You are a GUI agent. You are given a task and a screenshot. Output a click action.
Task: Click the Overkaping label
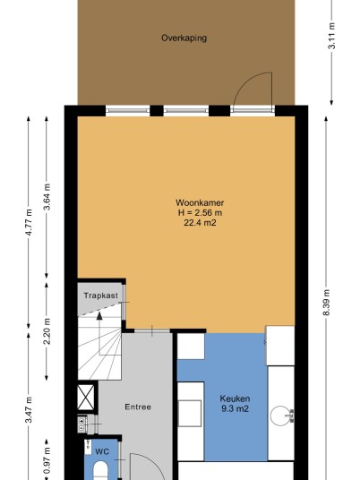click(x=184, y=38)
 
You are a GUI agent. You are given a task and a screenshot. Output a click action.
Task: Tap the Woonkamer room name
click(x=200, y=202)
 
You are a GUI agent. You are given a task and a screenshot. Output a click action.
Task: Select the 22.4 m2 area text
click(x=200, y=223)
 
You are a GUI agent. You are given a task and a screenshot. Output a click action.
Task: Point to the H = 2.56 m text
click(x=200, y=212)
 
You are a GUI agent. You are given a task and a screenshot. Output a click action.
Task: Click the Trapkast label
click(x=100, y=296)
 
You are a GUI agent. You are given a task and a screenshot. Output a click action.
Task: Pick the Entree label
click(x=138, y=407)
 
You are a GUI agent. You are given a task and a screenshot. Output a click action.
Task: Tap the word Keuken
click(x=235, y=399)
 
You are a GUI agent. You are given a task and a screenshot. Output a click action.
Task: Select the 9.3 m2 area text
click(x=235, y=408)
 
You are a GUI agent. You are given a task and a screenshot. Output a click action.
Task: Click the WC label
click(x=102, y=451)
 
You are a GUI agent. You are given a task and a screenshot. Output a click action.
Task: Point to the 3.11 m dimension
click(x=332, y=36)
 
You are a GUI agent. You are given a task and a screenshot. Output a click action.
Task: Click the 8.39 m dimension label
click(x=326, y=303)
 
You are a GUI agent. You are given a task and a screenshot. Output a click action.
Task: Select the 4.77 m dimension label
click(x=29, y=222)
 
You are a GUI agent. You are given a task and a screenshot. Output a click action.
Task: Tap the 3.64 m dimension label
click(x=47, y=197)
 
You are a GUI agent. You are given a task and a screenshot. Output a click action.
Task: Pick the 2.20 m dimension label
click(x=47, y=331)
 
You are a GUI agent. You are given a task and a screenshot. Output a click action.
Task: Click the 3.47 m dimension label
click(x=29, y=409)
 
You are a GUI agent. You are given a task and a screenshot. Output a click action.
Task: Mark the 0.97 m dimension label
click(x=47, y=460)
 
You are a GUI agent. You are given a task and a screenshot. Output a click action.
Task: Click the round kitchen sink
click(x=280, y=416)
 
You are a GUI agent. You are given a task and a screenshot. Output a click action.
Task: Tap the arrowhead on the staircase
click(x=99, y=315)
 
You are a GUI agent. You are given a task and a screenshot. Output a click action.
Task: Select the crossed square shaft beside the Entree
click(x=86, y=398)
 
